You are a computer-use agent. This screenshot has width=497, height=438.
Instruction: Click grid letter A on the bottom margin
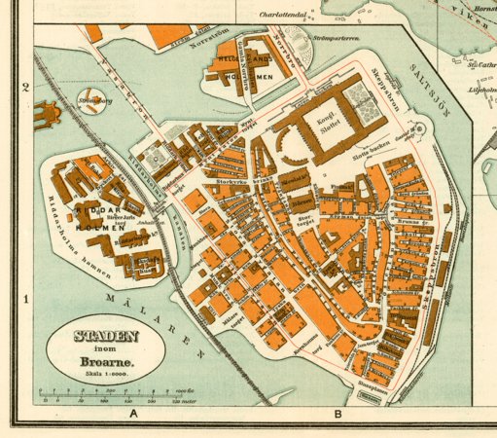click(133, 415)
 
